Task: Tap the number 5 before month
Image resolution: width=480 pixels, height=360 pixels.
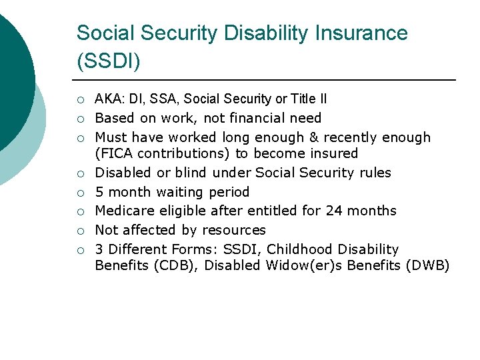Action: click(99, 193)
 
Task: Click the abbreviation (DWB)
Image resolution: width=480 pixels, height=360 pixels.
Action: click(427, 266)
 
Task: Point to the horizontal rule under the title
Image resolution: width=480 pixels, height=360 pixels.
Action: click(267, 80)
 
